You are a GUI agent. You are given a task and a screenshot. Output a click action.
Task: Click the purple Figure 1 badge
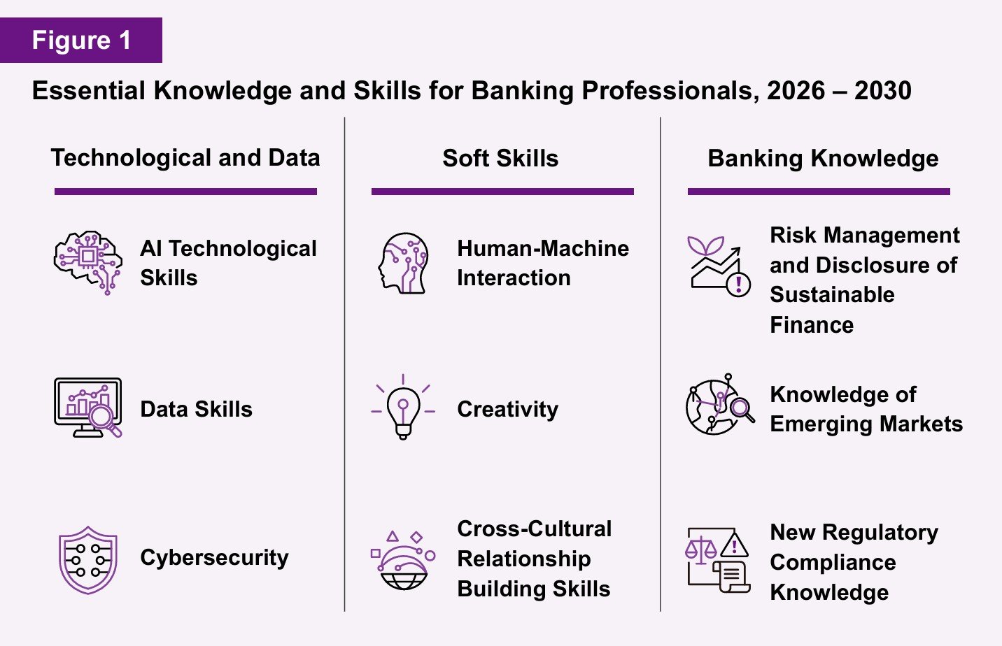click(81, 41)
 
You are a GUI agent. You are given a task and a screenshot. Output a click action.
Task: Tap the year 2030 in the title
click(882, 91)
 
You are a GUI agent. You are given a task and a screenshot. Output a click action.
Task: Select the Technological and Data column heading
click(185, 158)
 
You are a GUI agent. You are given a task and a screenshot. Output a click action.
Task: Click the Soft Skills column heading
click(500, 159)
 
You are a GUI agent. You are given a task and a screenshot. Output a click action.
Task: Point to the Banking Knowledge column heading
click(823, 159)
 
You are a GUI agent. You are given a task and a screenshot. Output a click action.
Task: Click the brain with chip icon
click(87, 262)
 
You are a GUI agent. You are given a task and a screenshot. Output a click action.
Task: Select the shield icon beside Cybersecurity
click(87, 559)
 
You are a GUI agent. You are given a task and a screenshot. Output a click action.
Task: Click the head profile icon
click(404, 263)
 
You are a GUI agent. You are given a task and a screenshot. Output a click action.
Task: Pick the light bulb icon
click(403, 408)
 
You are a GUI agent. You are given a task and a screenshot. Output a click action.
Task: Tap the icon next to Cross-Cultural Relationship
click(403, 559)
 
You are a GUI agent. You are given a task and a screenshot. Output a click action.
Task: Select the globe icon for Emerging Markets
click(719, 405)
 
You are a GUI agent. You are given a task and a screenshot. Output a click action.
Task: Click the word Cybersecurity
click(214, 558)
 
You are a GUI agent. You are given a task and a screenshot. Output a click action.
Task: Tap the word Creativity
click(507, 409)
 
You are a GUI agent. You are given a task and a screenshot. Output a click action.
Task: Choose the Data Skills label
click(196, 409)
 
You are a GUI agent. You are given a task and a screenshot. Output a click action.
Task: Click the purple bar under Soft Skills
click(502, 192)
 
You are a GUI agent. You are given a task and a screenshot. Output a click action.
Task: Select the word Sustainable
click(832, 295)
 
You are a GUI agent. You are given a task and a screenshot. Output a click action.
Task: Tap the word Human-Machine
click(543, 248)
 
